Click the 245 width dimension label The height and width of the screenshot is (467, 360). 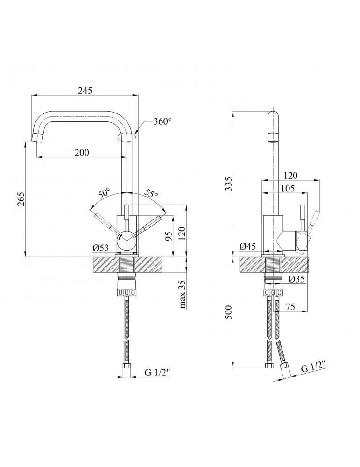click(x=85, y=91)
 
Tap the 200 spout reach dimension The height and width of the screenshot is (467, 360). click(x=81, y=153)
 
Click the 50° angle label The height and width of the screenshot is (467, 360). click(x=104, y=192)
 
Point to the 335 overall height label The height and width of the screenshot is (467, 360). click(x=228, y=184)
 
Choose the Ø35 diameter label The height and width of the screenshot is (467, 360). click(x=296, y=279)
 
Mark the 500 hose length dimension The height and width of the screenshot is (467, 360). click(x=228, y=312)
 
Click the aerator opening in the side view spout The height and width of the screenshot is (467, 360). click(x=272, y=139)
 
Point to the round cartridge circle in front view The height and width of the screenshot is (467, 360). click(x=127, y=239)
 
